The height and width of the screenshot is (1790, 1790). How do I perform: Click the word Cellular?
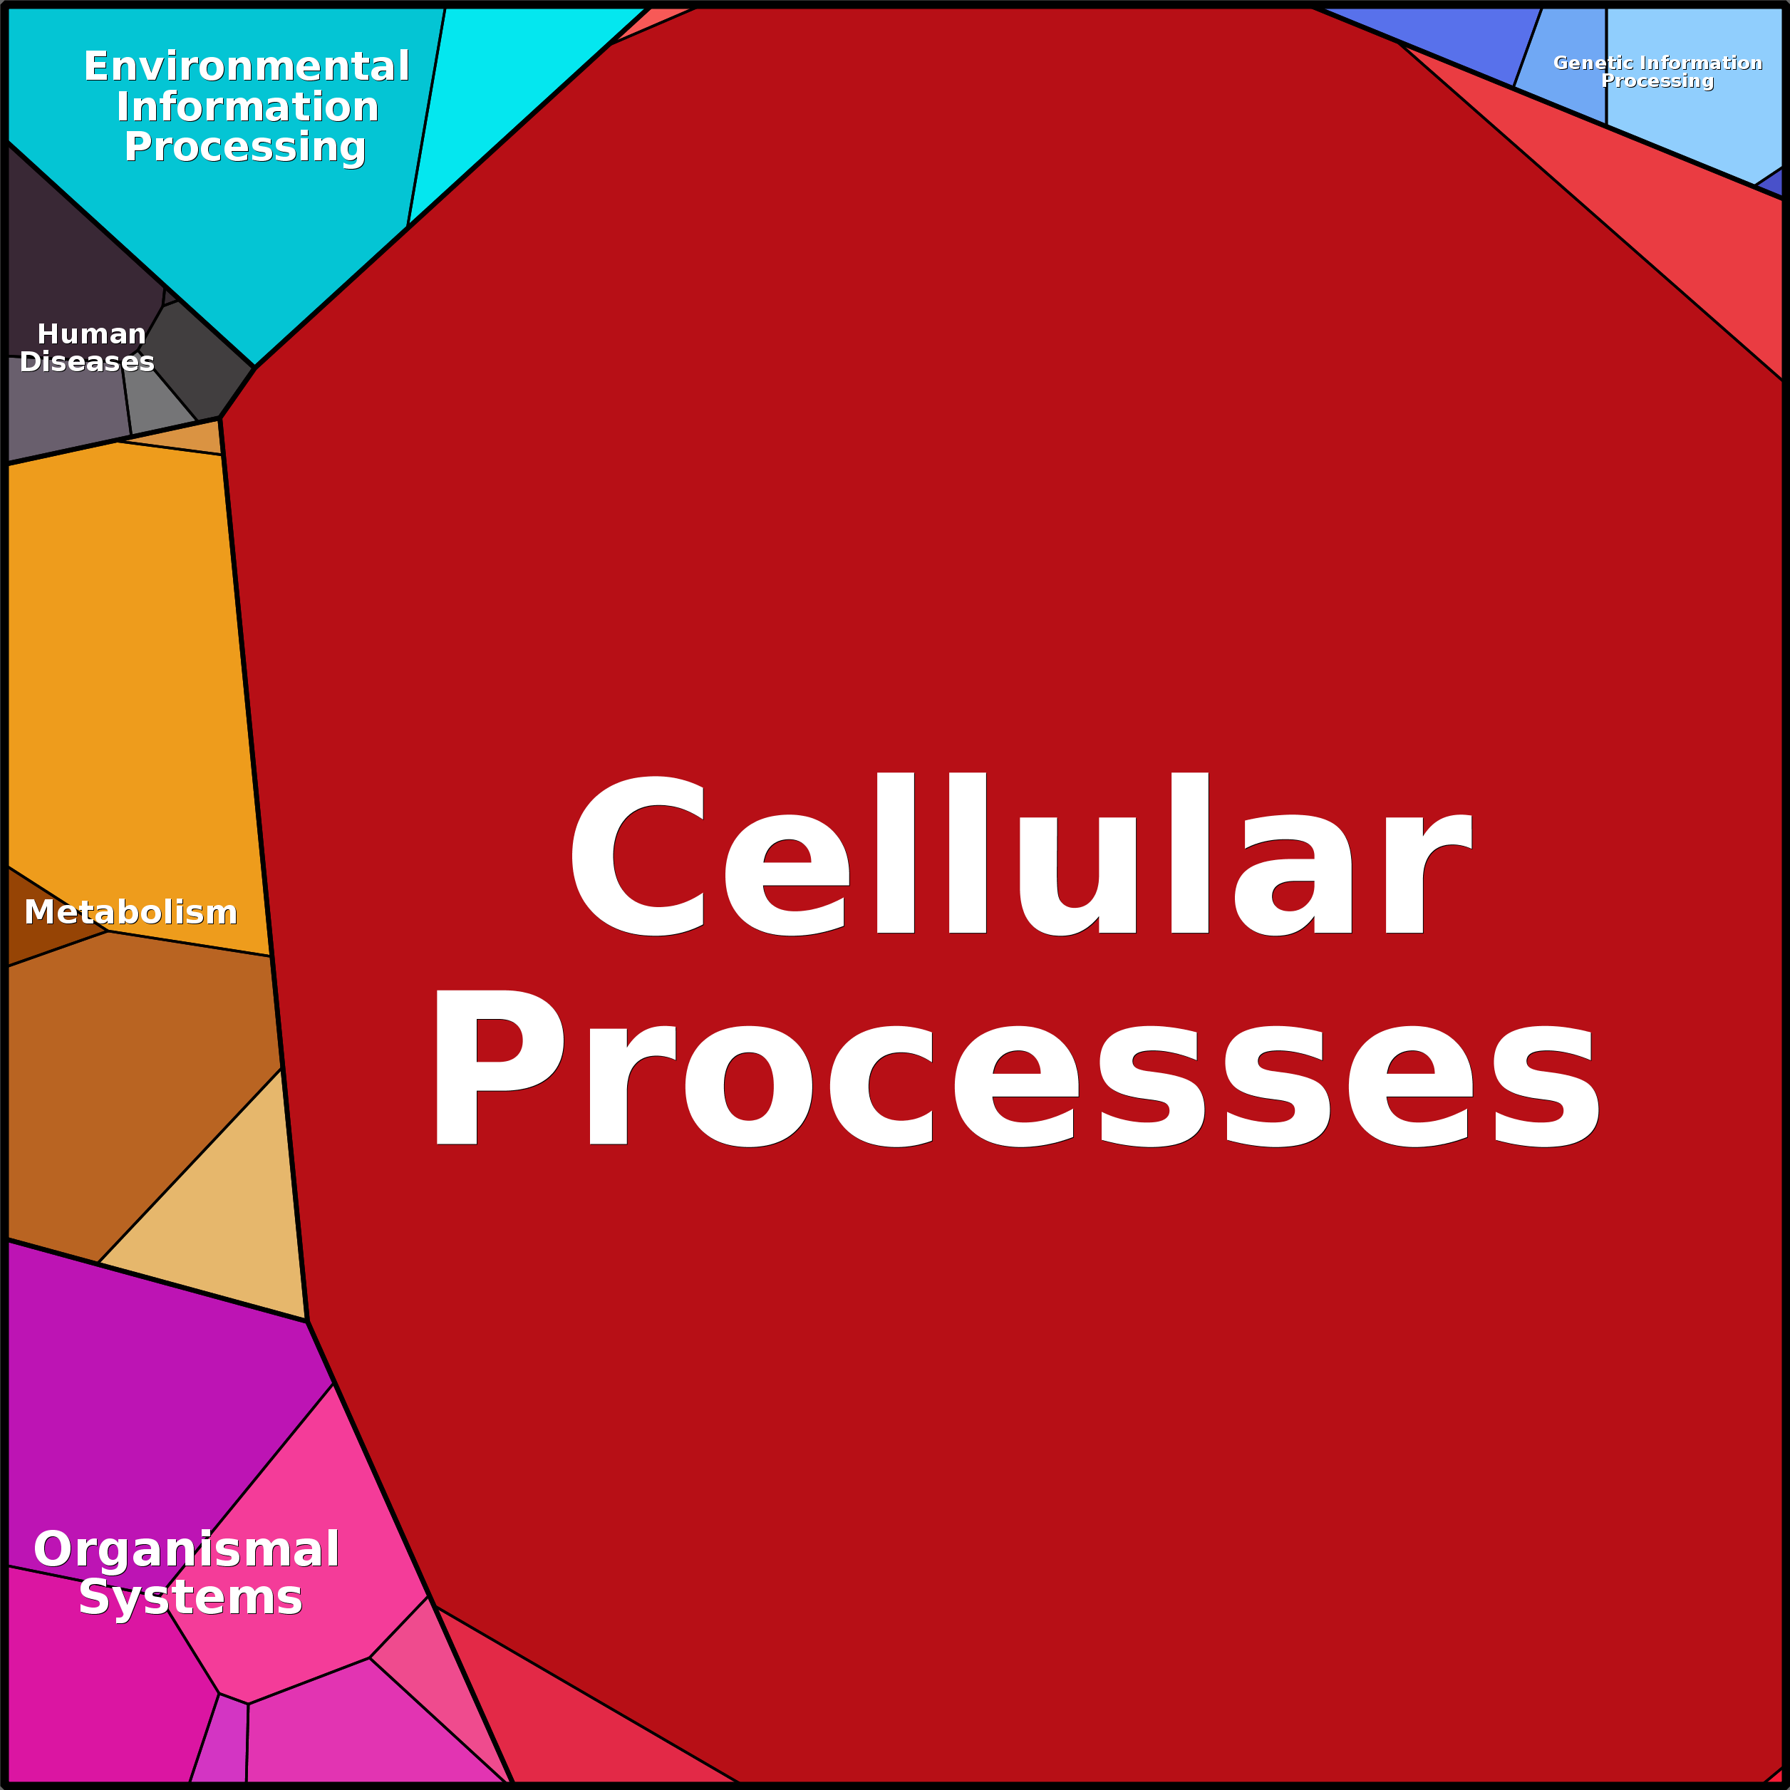(x=1019, y=854)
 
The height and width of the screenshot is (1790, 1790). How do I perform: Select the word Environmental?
(x=247, y=67)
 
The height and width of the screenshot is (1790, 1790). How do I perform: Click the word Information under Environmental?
(x=247, y=108)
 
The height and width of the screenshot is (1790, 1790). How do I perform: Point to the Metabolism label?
(x=130, y=913)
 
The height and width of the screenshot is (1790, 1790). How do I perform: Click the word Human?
(x=92, y=333)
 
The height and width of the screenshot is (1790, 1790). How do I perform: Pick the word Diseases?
(x=87, y=361)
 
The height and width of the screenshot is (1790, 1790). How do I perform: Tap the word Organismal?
(x=186, y=1549)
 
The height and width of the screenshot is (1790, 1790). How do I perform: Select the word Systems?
(x=190, y=1598)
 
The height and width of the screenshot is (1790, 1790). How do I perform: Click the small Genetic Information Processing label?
(x=1657, y=71)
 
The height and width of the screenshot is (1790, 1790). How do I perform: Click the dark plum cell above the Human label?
(x=65, y=250)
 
